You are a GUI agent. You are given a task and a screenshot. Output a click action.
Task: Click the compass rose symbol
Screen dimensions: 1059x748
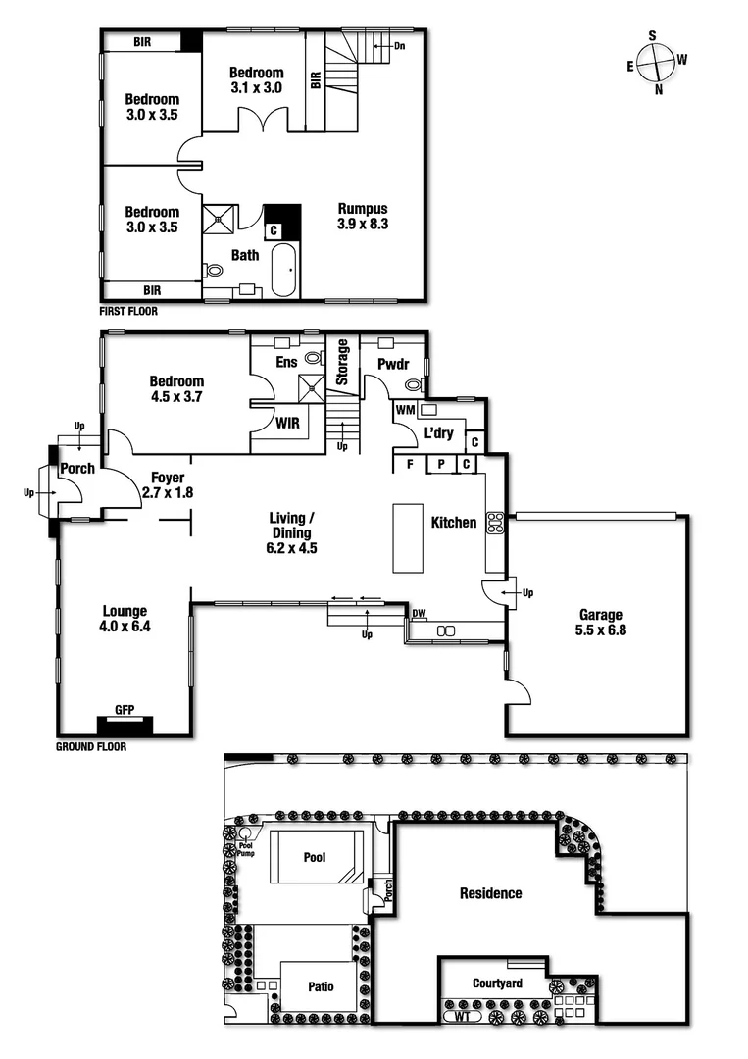(x=656, y=63)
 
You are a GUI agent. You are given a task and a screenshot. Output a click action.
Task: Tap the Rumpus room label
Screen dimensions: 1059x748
(x=363, y=208)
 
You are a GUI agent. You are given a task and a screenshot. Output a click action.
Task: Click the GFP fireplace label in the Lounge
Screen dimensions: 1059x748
(x=125, y=710)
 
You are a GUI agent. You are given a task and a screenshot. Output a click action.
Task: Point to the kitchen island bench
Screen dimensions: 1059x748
(x=408, y=537)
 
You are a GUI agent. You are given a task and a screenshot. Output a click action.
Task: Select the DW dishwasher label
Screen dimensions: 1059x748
(x=419, y=614)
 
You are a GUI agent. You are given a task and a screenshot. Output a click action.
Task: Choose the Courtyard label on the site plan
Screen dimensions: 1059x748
(x=497, y=983)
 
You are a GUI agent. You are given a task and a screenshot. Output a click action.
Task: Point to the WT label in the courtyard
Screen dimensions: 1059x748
(x=462, y=1017)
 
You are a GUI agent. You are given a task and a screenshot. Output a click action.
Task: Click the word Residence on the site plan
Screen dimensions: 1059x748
(x=491, y=893)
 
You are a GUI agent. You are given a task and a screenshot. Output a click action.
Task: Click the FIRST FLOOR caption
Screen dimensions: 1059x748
(x=128, y=311)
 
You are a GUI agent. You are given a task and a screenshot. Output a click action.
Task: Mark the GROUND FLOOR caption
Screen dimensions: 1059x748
(x=92, y=746)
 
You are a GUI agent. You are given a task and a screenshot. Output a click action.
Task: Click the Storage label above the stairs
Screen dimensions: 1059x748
(x=343, y=362)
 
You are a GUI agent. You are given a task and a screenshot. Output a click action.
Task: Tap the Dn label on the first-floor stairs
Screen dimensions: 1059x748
(x=399, y=45)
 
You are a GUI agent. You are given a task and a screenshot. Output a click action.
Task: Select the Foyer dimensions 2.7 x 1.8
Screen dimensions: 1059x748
(x=168, y=493)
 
